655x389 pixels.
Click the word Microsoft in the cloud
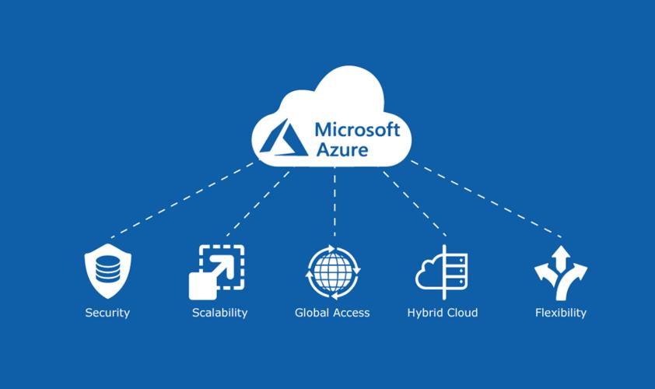coord(357,129)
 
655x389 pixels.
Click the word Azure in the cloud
coord(342,149)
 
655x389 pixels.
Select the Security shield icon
coord(108,271)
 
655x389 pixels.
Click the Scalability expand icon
coord(216,272)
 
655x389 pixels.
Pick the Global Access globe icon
coord(332,272)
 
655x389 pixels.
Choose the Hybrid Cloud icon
coord(442,272)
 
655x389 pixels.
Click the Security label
coord(107,313)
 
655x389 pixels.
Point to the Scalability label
coord(219,313)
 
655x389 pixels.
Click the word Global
coord(311,313)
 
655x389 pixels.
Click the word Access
coord(350,313)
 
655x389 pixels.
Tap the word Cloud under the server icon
coord(461,313)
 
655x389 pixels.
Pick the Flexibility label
coord(561,313)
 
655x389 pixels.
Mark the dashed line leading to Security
coord(182,200)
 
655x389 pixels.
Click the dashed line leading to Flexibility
coord(486,199)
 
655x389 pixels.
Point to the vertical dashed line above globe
coord(335,202)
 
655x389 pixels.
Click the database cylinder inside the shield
coord(108,269)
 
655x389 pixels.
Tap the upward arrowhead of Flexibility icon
coord(561,252)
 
